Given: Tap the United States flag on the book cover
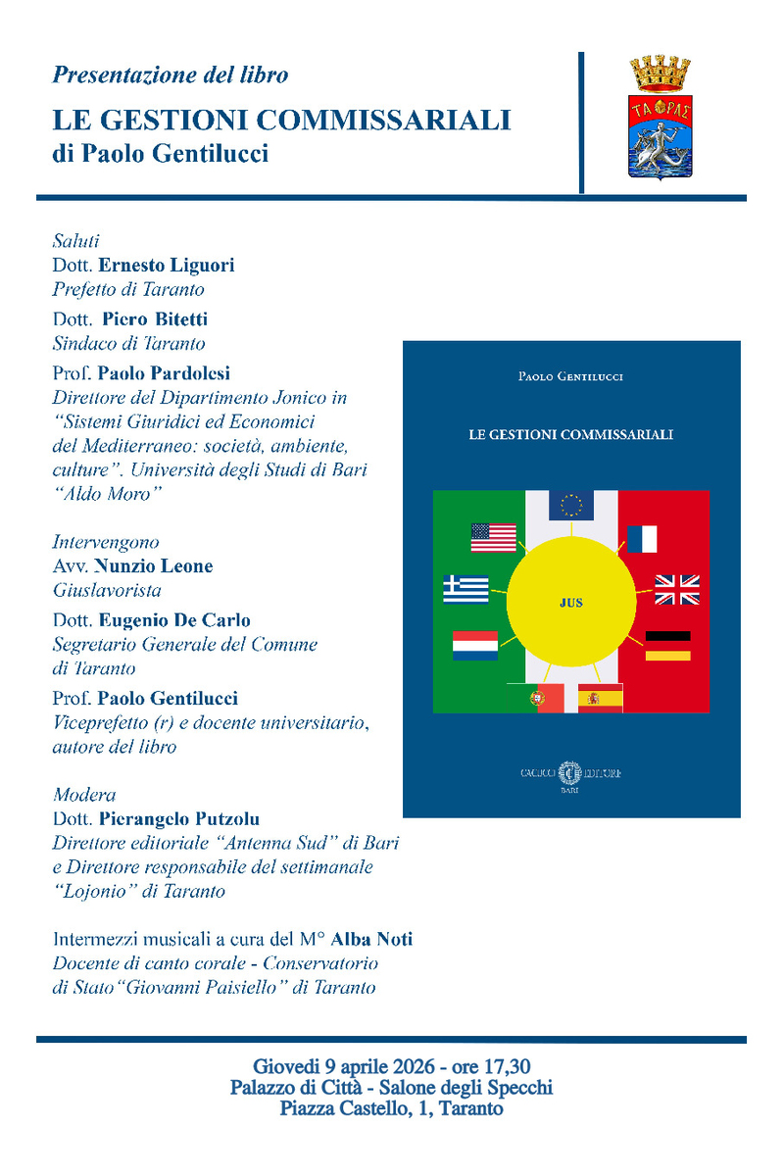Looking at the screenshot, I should (x=493, y=537).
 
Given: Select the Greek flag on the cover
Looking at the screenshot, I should (x=465, y=589).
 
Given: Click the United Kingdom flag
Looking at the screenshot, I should (x=677, y=589).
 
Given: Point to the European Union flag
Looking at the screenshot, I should (x=570, y=504).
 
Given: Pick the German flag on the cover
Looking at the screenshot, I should (x=668, y=645).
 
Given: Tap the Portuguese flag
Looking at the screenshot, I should (x=536, y=698).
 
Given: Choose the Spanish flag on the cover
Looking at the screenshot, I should (x=600, y=698).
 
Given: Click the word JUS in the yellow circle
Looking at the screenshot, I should (x=570, y=603).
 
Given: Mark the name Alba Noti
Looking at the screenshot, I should (x=372, y=939).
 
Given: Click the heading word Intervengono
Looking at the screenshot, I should (x=106, y=542).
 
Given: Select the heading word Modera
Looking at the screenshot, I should (x=84, y=794).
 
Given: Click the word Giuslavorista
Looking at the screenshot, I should (x=106, y=591).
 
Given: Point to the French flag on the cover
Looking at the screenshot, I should (x=642, y=539).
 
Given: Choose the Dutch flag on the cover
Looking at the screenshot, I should (x=475, y=645).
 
